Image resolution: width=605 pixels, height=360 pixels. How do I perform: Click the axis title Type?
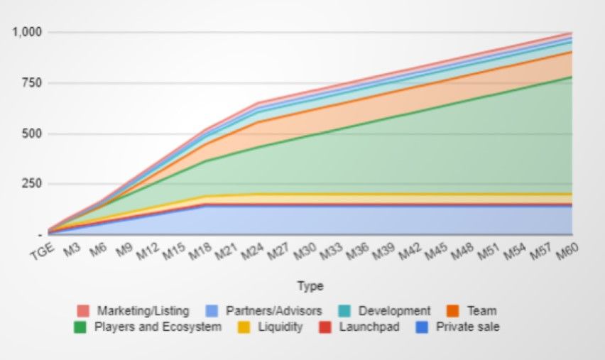[x=310, y=286]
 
